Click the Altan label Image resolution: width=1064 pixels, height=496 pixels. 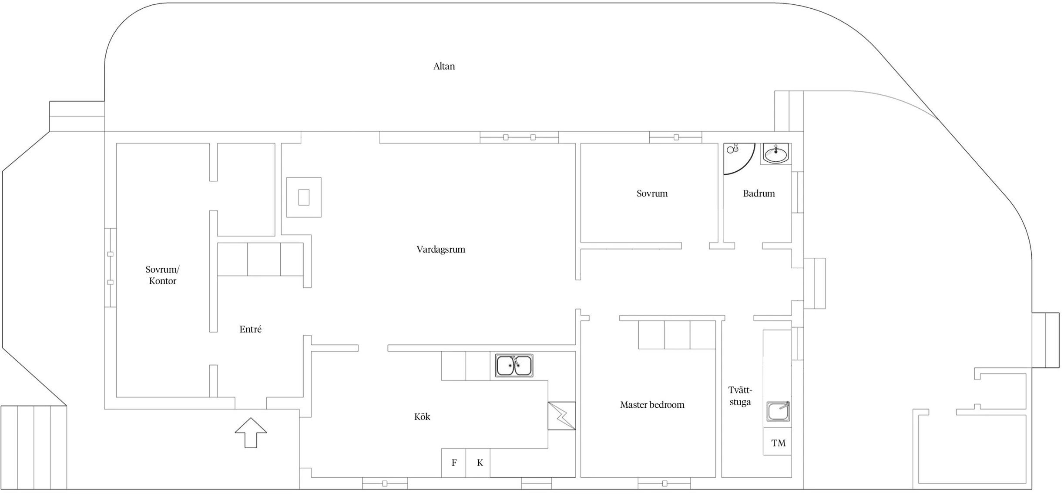[444, 67]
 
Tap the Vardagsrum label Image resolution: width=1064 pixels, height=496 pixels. [441, 250]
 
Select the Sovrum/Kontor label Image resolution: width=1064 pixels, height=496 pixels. [162, 275]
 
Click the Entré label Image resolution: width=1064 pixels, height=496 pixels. [251, 330]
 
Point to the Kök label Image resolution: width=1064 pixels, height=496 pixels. [422, 417]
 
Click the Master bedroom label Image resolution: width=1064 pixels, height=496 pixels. [652, 405]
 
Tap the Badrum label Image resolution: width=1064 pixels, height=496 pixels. [759, 194]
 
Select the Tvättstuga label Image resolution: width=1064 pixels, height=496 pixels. [740, 396]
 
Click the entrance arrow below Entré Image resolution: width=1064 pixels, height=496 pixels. [251, 433]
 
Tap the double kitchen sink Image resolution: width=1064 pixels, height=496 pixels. [514, 366]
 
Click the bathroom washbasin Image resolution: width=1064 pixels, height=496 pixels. [776, 154]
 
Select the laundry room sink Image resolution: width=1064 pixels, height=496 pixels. [778, 411]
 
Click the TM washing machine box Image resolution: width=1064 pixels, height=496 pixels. [777, 442]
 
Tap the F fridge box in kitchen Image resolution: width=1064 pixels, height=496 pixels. [454, 463]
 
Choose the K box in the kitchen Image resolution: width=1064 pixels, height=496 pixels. [478, 463]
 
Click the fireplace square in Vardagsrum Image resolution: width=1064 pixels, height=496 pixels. [304, 197]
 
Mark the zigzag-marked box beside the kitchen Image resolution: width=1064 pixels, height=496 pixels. [562, 416]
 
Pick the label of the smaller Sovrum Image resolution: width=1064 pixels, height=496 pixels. [652, 194]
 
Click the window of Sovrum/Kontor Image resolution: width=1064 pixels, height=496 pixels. [110, 268]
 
